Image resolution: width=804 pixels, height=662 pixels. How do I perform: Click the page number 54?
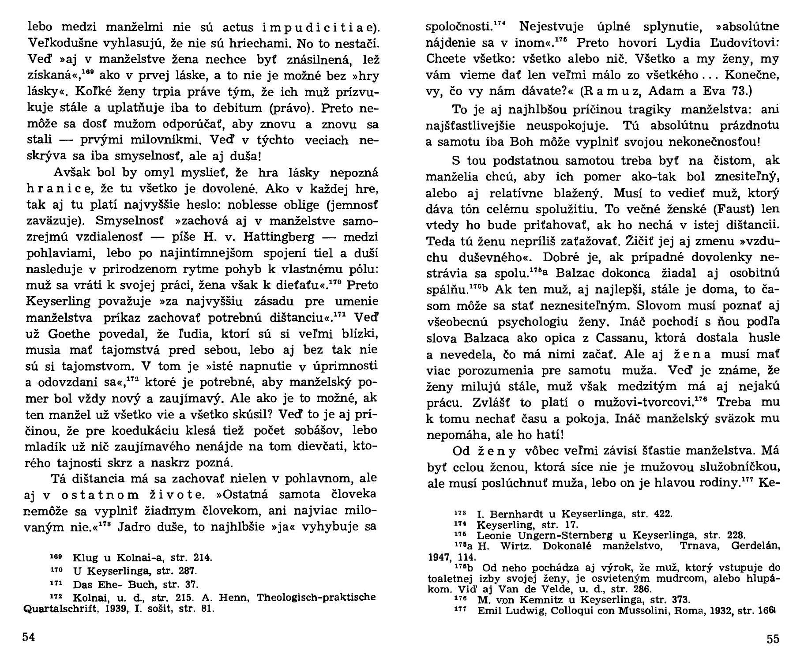coord(28,637)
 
